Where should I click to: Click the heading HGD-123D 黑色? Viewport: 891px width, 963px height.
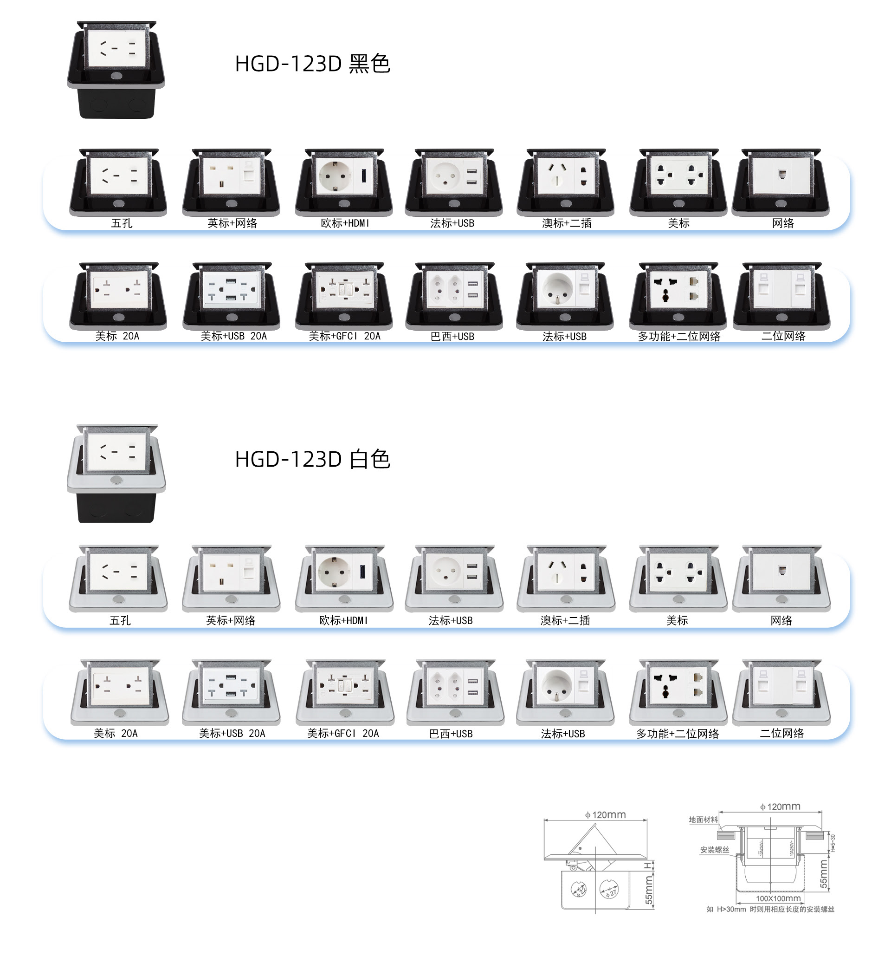tap(312, 64)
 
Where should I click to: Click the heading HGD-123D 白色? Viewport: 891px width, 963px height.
tap(312, 459)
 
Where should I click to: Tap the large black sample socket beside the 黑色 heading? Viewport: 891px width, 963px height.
tap(116, 70)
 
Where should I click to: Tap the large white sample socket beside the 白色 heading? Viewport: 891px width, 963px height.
tap(116, 473)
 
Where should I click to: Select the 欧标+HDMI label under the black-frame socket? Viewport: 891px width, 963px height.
tap(345, 223)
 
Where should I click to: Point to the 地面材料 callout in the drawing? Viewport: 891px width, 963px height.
tap(703, 820)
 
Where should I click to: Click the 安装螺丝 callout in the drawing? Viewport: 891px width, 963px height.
tap(715, 850)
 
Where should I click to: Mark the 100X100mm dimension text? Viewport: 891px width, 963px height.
tap(778, 898)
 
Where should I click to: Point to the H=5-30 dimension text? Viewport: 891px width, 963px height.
tap(833, 843)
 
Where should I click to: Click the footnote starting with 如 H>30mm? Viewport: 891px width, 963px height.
tap(770, 910)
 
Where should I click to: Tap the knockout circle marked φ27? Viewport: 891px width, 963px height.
tap(609, 889)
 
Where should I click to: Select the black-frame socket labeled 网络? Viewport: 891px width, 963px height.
tap(781, 182)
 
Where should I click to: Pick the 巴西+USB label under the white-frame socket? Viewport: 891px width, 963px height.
tap(451, 734)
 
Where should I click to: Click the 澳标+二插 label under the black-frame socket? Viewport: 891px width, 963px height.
tap(567, 223)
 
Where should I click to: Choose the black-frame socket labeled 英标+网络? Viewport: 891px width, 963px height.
tap(232, 182)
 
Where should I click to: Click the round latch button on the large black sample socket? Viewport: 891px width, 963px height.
tap(116, 76)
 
